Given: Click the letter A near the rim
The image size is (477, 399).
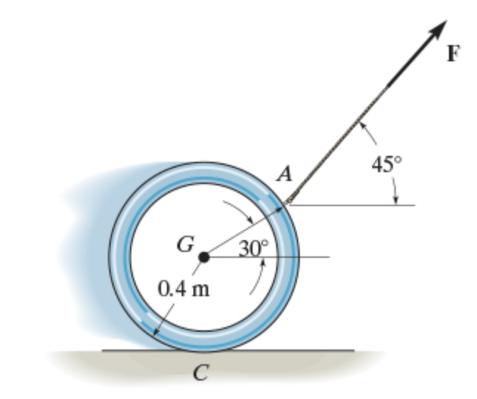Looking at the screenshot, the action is pos(284,175).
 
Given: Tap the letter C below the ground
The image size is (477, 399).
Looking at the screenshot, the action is pos(199,374).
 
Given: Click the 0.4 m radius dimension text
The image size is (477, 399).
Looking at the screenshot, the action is pos(184,288).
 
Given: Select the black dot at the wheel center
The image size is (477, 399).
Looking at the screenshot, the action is pos(205,256).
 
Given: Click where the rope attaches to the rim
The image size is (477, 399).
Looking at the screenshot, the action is pos(288,205).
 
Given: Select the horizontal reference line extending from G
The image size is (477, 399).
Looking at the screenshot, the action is pos(310,257).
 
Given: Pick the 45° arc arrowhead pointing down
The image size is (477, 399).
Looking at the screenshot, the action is pos(397,198).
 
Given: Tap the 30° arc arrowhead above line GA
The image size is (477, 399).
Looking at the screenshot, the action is pos(251,219).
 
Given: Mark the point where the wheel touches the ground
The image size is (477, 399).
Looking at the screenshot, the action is pos(205,351).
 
